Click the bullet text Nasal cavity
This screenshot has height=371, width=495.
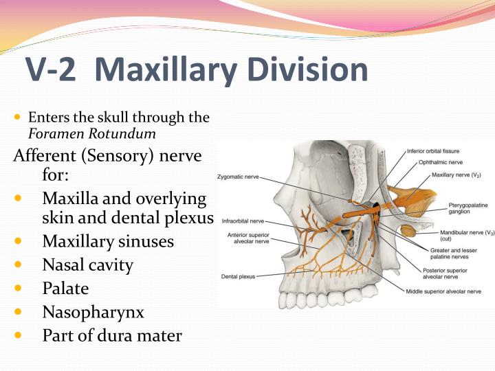coord(87,265)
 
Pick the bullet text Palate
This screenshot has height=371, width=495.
coord(65,289)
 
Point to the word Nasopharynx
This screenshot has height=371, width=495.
coord(93,312)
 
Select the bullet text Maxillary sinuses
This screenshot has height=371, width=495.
coord(108,241)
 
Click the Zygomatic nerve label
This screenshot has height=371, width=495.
coord(239,177)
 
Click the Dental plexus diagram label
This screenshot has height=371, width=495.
coord(238,276)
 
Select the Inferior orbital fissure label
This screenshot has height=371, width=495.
coord(433,150)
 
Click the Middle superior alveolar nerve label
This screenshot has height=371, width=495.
coord(443,291)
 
